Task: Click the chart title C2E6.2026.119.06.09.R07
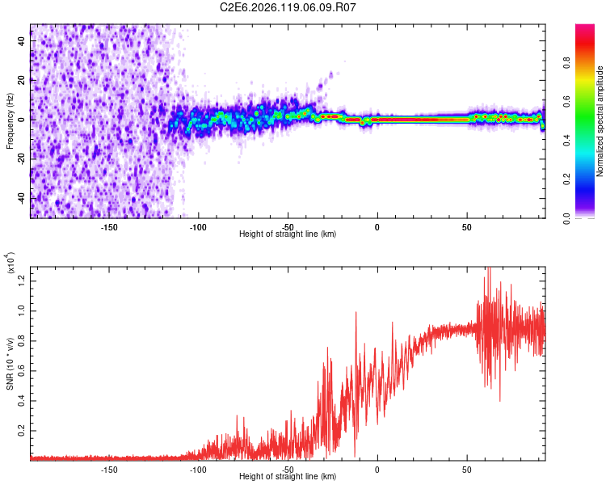288,7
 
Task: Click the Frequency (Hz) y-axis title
10,121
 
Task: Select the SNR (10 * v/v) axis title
10,363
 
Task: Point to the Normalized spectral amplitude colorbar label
600,121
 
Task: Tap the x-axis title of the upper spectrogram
288,234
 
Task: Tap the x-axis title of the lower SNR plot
288,476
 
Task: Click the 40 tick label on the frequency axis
21,40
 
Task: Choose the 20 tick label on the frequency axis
21,80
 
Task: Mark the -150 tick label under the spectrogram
109,227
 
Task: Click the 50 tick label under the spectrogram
466,227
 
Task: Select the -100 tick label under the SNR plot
198,470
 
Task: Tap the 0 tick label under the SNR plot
377,470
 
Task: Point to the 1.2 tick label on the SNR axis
21,280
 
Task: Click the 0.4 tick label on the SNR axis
21,400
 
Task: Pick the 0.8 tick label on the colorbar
567,62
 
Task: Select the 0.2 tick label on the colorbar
567,179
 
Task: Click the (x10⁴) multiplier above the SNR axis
11,263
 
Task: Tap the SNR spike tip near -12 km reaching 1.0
356,312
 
